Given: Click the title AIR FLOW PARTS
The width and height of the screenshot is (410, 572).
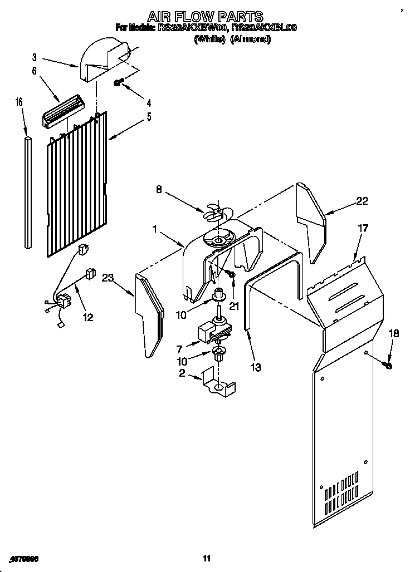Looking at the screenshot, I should pos(205,16).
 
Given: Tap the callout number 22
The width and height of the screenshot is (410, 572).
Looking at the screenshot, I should pos(362,201).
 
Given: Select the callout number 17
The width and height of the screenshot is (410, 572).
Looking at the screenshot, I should pos(363,228).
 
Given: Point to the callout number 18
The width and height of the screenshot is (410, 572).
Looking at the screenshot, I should pos(393,334).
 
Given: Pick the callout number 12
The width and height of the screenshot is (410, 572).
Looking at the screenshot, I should pos(87,317).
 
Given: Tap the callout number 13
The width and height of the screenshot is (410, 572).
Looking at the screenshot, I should pos(256,367).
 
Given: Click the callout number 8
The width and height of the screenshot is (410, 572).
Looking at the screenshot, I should pos(159,190).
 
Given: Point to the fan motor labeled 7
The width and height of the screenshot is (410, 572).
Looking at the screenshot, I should pos(209,333).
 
